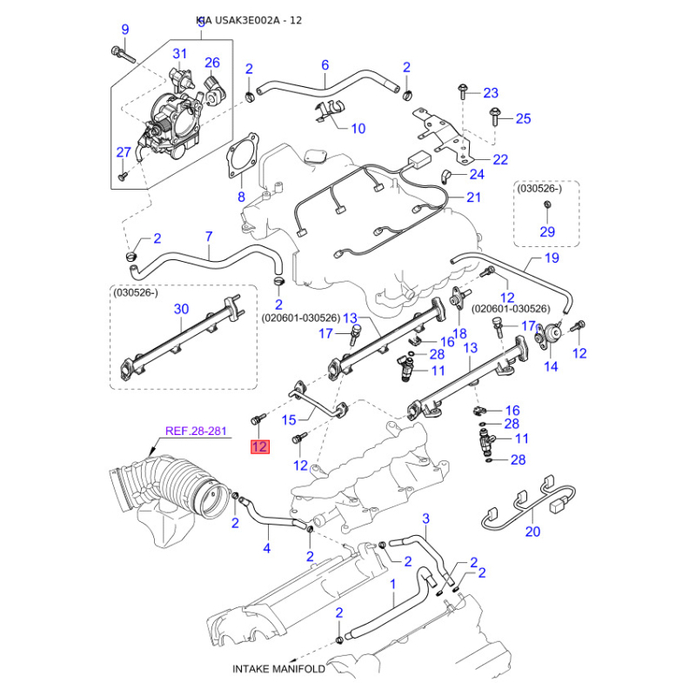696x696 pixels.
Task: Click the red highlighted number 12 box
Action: (x=260, y=448)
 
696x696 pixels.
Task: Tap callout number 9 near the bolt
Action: (x=124, y=30)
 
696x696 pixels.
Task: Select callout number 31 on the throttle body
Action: (x=179, y=55)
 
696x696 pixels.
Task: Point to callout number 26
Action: (x=212, y=63)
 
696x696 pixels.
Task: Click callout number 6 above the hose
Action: (x=325, y=65)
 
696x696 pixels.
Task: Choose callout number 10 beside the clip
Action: (x=357, y=129)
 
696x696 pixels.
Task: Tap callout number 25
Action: (x=523, y=119)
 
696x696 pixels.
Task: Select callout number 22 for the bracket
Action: (x=500, y=159)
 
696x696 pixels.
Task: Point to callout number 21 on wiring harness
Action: (x=473, y=197)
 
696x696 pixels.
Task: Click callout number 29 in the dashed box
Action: (x=547, y=231)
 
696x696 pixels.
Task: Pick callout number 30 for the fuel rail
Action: (x=181, y=309)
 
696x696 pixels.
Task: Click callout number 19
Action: (x=552, y=258)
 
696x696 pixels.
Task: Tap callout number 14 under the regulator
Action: (x=551, y=367)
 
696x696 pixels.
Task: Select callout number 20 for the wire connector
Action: (x=532, y=532)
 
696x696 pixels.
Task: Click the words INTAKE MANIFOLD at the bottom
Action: (x=278, y=669)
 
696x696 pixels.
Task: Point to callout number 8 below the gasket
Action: (x=242, y=197)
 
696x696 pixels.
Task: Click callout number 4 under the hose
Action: (x=267, y=548)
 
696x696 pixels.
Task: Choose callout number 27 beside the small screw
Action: (x=123, y=153)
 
